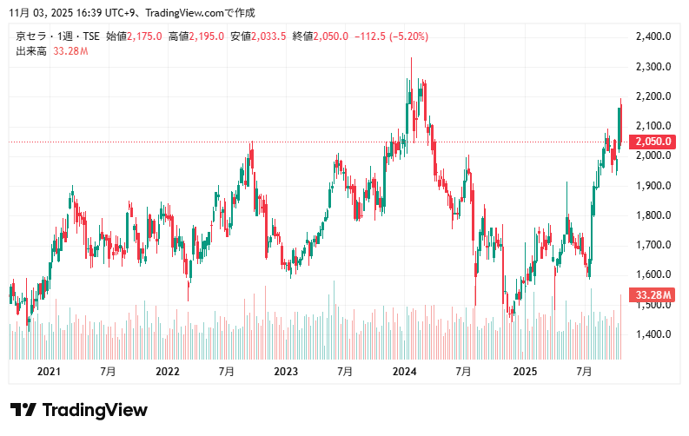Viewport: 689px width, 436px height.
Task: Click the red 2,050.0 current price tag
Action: [654, 142]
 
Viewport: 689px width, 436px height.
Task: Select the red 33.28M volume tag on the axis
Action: [654, 295]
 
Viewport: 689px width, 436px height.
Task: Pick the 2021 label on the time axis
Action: [49, 372]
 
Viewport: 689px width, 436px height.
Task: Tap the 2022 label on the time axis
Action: [167, 372]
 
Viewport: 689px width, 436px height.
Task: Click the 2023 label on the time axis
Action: [286, 372]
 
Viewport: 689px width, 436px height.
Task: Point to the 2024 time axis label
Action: [405, 372]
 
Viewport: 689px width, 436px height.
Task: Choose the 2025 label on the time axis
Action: [524, 372]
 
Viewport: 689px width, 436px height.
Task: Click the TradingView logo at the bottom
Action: [79, 410]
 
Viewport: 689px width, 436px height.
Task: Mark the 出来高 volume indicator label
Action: [31, 51]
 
